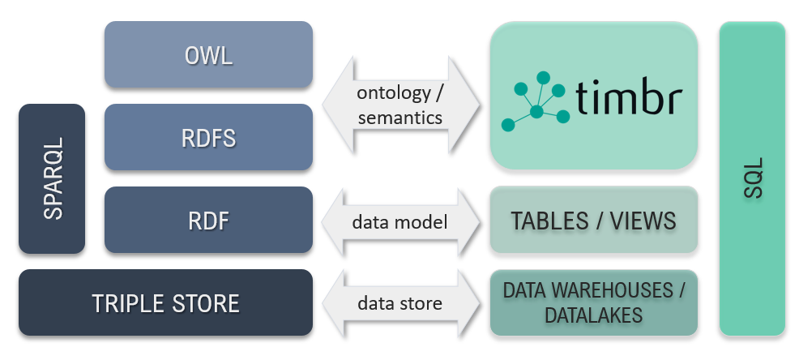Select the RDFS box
tap(208, 137)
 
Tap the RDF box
tap(208, 220)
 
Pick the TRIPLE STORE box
tap(165, 303)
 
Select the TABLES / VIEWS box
tap(593, 220)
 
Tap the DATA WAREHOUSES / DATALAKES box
tap(593, 303)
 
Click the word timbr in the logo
tap(629, 98)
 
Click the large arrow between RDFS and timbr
tap(403, 105)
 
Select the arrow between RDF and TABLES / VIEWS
tap(403, 220)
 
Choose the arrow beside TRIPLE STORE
tap(403, 303)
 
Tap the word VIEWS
tap(643, 220)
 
